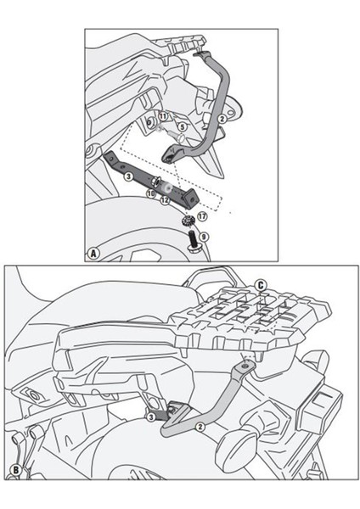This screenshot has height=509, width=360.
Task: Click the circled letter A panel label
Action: tap(93, 252)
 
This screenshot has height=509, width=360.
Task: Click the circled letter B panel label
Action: tap(14, 469)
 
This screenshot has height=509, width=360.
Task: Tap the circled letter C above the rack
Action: tap(261, 284)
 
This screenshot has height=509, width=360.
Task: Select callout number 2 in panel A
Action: tap(222, 119)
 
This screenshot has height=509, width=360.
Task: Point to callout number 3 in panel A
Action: tap(127, 176)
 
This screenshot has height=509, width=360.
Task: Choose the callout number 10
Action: tap(149, 194)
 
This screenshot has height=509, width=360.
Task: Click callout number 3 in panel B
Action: tap(149, 417)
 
